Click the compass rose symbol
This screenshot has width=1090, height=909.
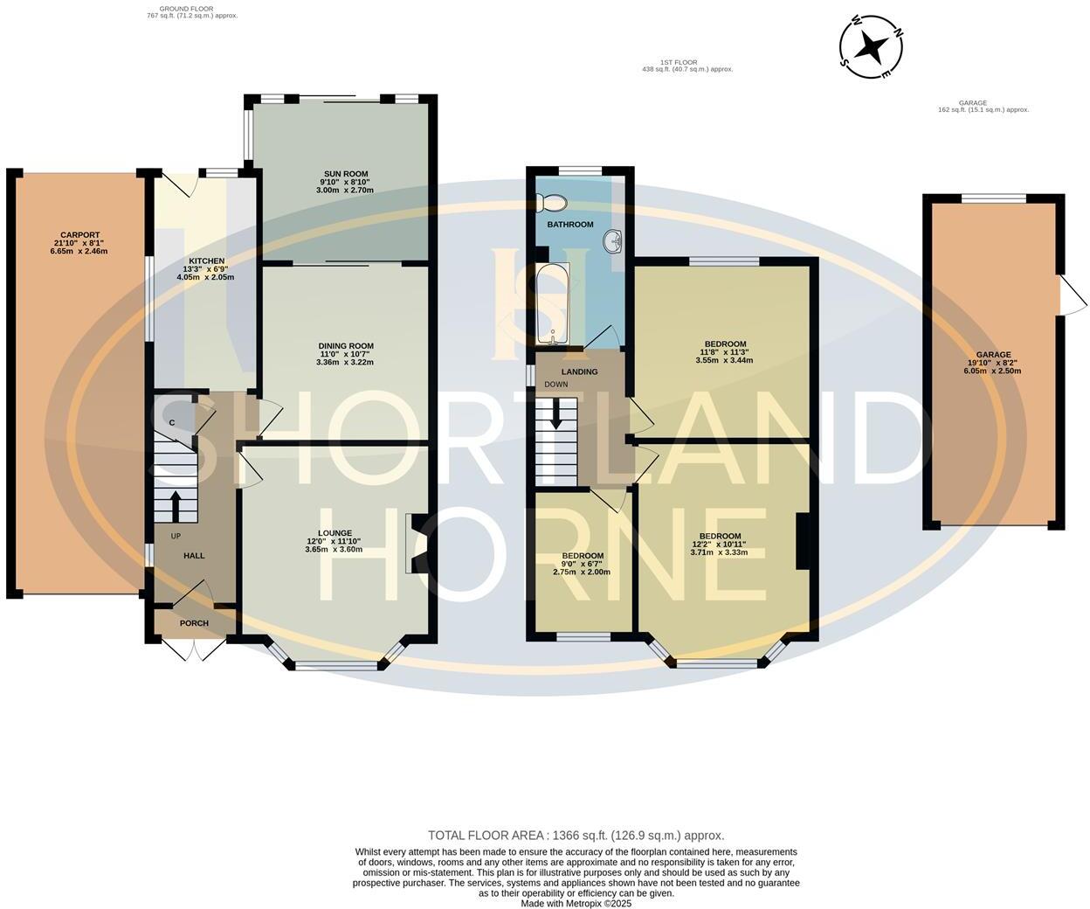(x=870, y=47)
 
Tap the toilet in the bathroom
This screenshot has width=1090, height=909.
(x=554, y=203)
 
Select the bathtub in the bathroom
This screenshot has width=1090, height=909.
(x=552, y=304)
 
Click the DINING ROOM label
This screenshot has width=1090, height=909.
(x=345, y=346)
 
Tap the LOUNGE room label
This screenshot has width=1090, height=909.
(x=335, y=533)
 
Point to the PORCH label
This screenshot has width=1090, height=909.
(x=194, y=623)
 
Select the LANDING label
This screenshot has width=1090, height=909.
(x=579, y=371)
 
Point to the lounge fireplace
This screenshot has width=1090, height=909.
(x=413, y=542)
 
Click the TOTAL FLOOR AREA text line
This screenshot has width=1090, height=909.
(x=576, y=836)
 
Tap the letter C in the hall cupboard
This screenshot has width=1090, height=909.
(x=172, y=423)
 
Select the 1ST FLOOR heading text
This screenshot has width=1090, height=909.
(x=679, y=62)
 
